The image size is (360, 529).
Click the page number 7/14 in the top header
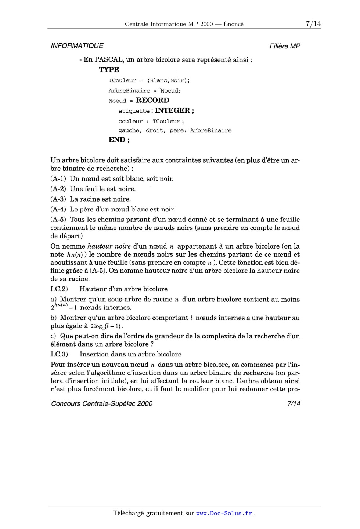click(313, 24)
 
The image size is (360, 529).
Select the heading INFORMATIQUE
click(77, 46)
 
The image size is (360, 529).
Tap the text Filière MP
click(285, 46)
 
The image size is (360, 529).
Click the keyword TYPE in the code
click(109, 70)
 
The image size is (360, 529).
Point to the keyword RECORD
click(152, 100)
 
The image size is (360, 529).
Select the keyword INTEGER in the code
click(172, 110)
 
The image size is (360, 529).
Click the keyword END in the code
click(117, 140)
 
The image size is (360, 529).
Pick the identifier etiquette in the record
click(134, 111)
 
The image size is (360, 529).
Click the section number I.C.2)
click(59, 289)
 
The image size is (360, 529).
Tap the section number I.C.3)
click(59, 355)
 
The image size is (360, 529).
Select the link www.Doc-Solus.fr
click(224, 514)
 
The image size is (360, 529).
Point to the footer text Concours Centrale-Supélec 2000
click(102, 404)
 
